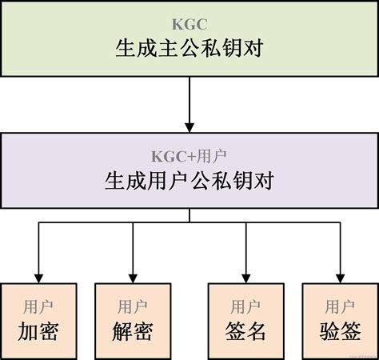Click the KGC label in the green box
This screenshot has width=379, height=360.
pos(189,24)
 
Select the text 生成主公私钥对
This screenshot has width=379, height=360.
pos(189,50)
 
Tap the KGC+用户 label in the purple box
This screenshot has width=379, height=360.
pos(189,155)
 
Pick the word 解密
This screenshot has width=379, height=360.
pos(132,330)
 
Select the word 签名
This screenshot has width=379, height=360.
pos(245,330)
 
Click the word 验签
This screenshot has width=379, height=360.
pos(339,330)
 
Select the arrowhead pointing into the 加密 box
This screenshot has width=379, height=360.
pos(39,275)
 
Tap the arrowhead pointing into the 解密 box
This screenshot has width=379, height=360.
pos(132,275)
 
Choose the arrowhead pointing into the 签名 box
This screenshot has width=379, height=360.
pos(245,275)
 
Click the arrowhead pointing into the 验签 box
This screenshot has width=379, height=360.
pos(339,275)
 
